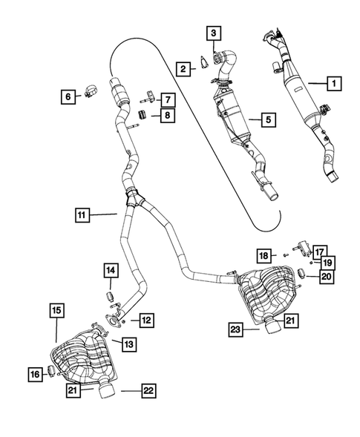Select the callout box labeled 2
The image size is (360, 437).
(x=181, y=68)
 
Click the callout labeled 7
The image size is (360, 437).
(x=168, y=98)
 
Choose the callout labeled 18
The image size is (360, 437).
(x=263, y=256)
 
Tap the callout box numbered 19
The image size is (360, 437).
(x=327, y=262)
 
